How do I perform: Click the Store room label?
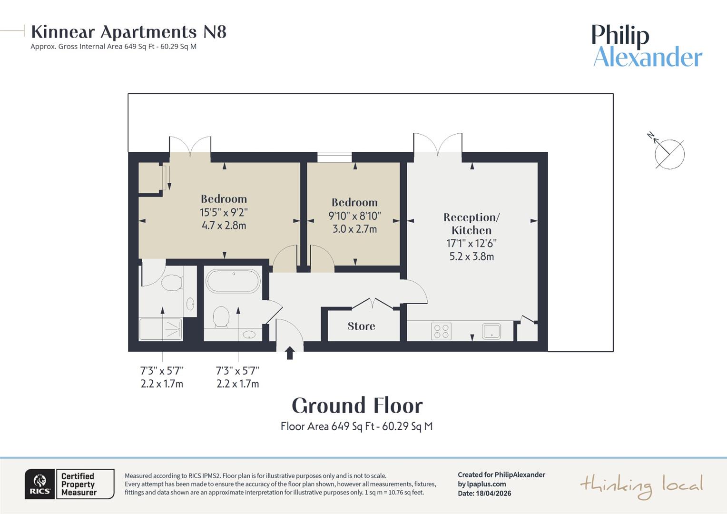pos(361,326)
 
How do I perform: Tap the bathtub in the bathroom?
pos(233,281)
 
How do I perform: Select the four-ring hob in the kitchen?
pos(441,331)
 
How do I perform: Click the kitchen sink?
pos(491,331)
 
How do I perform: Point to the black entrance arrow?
pos(290,353)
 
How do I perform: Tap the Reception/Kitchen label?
pos(472,224)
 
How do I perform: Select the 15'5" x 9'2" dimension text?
pos(224,212)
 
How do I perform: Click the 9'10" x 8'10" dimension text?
pos(354,216)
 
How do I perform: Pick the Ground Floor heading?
pos(357,405)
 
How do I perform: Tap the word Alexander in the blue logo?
pos(648,57)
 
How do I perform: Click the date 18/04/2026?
pos(493,493)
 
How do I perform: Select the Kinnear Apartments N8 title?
pos(128,32)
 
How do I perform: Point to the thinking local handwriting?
pos(642,486)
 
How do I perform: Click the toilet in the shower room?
pos(172,283)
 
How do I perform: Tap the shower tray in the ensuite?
pos(160,329)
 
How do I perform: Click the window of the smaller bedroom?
pos(334,157)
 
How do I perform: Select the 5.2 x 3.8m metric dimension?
pos(472,257)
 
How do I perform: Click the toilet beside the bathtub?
pos(221,316)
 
